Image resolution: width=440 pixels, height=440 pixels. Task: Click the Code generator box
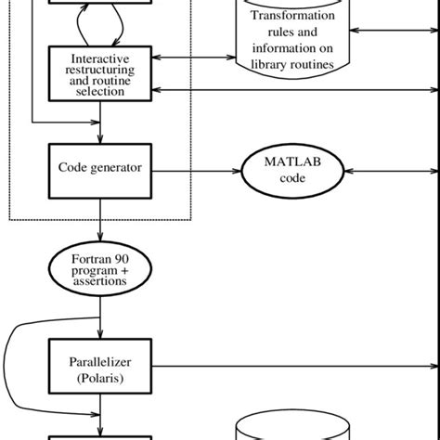coord(100,170)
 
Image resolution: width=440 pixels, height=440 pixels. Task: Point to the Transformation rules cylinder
coord(293,42)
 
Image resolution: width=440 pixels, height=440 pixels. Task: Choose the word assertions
coord(100,278)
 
